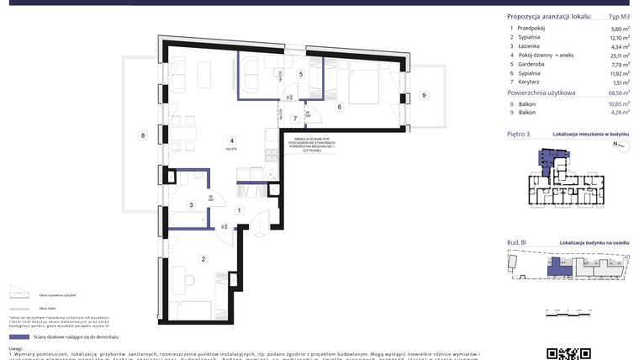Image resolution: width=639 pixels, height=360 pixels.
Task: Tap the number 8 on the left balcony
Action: tap(144, 135)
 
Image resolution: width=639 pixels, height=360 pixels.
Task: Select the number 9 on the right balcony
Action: tap(424, 95)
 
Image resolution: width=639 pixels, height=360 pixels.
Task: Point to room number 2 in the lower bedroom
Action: tap(203, 259)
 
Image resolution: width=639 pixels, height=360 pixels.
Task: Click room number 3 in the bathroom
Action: tap(191, 204)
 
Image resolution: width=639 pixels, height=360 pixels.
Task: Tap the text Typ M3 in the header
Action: tap(619, 16)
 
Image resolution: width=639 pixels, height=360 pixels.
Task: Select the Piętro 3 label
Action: tap(519, 134)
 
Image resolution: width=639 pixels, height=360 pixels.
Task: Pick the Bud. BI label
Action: tap(516, 242)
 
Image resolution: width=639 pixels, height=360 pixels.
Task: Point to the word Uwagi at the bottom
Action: tap(17, 349)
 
